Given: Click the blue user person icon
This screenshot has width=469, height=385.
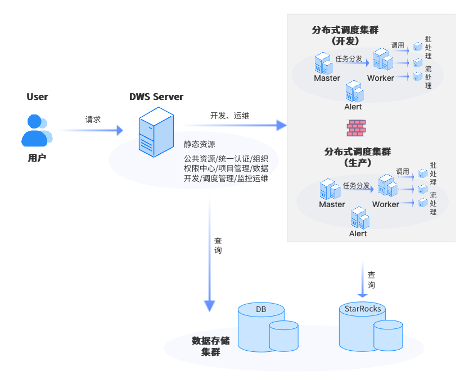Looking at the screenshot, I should pos(36,130).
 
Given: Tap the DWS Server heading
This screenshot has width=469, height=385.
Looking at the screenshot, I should pos(156,97).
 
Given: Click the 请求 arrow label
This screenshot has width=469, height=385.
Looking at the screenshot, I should pos(93,120).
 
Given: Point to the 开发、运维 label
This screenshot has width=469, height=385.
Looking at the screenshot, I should pos(230,116).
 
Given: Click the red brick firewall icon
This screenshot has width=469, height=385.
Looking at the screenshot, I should pos(355,128).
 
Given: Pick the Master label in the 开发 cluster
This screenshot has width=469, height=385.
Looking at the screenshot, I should pos(327,79).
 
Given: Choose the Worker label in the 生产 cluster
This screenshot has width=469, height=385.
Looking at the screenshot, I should pos(386,204).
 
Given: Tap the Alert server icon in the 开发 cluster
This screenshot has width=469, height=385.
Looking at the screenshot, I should pos(354,91).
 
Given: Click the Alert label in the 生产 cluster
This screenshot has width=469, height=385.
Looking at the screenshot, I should pos(358,233).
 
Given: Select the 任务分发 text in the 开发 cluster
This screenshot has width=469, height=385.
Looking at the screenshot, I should pos(349,58).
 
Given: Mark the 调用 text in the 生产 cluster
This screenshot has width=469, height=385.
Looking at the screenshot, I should pos(403,171).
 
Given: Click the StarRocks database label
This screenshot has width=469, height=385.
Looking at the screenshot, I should pos(363,309).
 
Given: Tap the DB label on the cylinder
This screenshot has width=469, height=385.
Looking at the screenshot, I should pos(261,309).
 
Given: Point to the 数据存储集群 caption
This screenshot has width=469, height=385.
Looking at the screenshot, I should pos(211,346).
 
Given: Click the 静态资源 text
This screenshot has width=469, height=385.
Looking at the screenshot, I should pos(199,144).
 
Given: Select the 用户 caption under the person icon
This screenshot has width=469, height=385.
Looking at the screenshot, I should pos(37,158).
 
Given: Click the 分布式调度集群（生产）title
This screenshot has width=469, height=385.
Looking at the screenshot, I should pos(358,157).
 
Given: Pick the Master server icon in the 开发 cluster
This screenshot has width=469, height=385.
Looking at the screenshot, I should pos(323,63).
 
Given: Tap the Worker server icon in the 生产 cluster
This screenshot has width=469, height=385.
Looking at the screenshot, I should pos(387,186).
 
